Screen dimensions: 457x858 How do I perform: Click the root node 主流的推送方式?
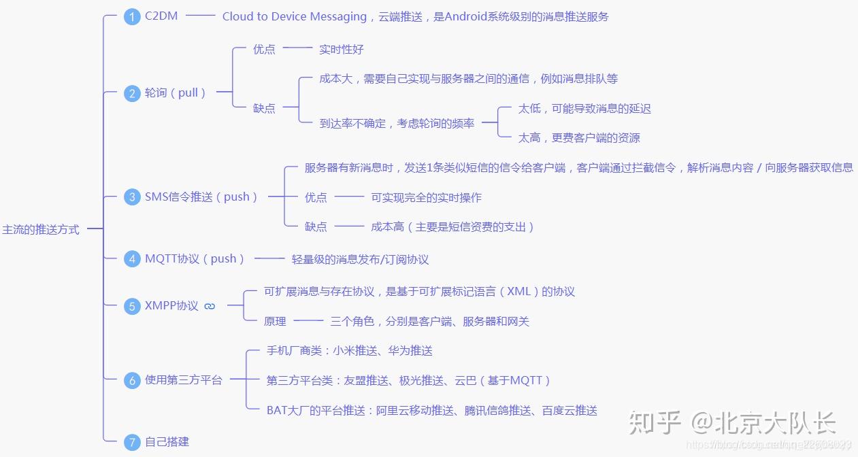point(41,230)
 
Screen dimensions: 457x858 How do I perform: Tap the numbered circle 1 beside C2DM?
point(132,17)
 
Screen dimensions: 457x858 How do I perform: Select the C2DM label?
point(161,16)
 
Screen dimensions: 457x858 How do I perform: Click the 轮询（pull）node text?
point(176,92)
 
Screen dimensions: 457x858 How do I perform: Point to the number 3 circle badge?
point(132,198)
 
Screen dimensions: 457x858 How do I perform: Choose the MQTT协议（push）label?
point(195,259)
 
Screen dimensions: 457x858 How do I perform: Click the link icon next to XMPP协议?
point(210,306)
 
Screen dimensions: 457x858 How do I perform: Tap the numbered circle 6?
point(132,381)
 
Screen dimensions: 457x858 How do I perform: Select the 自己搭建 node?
point(167,441)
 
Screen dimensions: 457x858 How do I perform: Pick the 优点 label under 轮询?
point(264,49)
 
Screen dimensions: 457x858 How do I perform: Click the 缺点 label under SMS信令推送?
point(316,226)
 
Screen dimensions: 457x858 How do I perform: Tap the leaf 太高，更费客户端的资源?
point(579,137)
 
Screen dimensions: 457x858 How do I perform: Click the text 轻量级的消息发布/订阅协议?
point(360,259)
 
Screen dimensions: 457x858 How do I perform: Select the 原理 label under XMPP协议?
point(275,321)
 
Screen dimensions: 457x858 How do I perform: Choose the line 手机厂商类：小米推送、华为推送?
point(350,351)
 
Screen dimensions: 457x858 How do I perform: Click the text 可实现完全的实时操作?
point(426,197)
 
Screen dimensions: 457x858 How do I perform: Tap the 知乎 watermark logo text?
point(655,422)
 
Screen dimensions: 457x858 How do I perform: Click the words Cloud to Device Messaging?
point(295,16)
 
